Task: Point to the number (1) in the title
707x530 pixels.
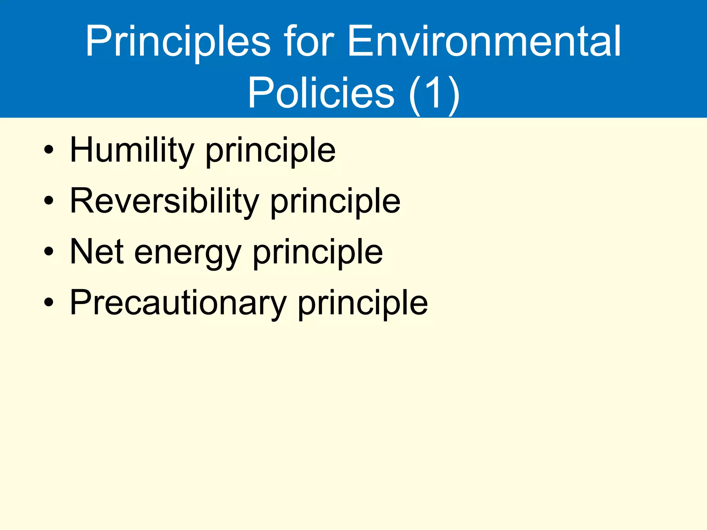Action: pyautogui.click(x=434, y=93)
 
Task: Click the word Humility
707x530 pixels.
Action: pyautogui.click(x=132, y=150)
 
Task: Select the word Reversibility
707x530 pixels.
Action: pyautogui.click(x=164, y=201)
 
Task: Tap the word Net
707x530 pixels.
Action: pyautogui.click(x=97, y=252)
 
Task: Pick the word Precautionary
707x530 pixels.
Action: pyautogui.click(x=178, y=303)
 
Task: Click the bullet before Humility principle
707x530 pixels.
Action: pyautogui.click(x=49, y=150)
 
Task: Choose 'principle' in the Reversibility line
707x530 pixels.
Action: pyautogui.click(x=335, y=202)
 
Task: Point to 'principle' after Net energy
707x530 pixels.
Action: pyautogui.click(x=318, y=253)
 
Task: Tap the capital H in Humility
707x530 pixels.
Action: pyautogui.click(x=81, y=149)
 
